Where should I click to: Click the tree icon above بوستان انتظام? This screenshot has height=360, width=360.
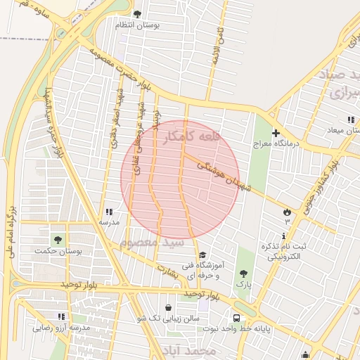pyautogui.click(x=137, y=14)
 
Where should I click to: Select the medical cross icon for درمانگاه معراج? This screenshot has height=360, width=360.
pyautogui.click(x=276, y=132)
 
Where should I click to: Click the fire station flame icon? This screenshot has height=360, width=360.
pyautogui.click(x=286, y=211)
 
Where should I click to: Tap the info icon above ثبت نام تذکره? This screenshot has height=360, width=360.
pyautogui.click(x=284, y=235)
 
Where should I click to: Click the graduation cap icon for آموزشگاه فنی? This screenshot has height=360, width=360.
pyautogui.click(x=202, y=255)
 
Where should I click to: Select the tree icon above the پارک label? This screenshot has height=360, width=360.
pyautogui.click(x=243, y=274)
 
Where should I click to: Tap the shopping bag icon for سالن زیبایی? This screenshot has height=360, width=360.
pyautogui.click(x=168, y=307)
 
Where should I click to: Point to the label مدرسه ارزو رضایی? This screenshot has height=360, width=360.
pyautogui.click(x=61, y=328)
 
